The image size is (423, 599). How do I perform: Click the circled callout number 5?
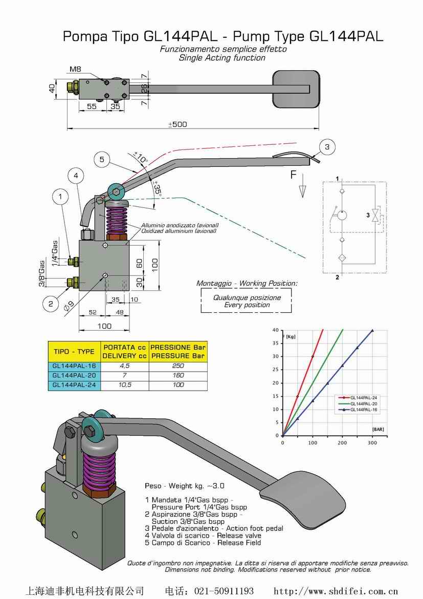(x=102, y=160)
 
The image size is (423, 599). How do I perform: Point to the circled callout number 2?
(x=51, y=304)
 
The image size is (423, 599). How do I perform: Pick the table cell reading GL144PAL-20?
(x=74, y=375)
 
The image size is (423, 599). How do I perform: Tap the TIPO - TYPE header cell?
(x=74, y=352)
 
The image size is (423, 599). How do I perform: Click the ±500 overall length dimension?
(x=177, y=124)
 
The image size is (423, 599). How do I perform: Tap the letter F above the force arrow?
(x=294, y=175)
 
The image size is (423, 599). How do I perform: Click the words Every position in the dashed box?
(x=247, y=305)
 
